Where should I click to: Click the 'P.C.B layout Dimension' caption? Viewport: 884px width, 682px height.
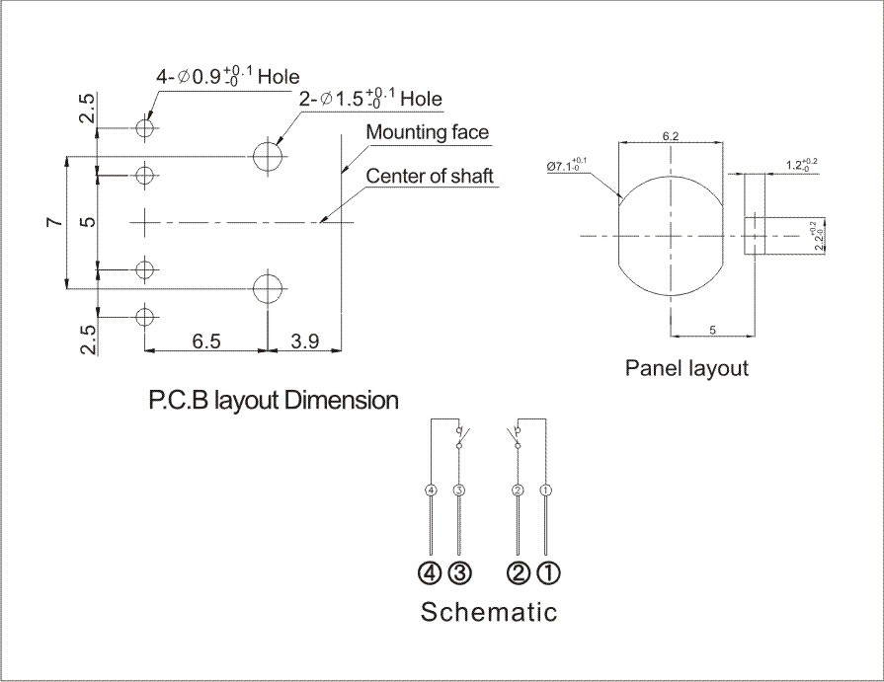tap(274, 401)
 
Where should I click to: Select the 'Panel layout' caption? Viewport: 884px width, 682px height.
tap(687, 368)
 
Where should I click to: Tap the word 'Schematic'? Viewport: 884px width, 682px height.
tap(489, 612)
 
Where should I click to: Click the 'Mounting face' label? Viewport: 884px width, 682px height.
tap(427, 132)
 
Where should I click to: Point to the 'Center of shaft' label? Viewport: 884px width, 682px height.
tap(430, 177)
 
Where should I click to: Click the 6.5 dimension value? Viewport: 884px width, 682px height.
tap(205, 341)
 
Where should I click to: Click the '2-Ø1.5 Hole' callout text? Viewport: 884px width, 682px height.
tap(369, 99)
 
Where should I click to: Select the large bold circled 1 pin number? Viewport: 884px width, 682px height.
tap(548, 570)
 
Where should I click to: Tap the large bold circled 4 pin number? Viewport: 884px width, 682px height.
tap(430, 570)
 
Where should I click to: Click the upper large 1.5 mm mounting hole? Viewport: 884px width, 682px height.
tap(268, 155)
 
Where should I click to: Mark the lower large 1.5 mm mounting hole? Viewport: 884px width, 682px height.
tap(268, 288)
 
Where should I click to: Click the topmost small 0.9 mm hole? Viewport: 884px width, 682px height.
tap(145, 128)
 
